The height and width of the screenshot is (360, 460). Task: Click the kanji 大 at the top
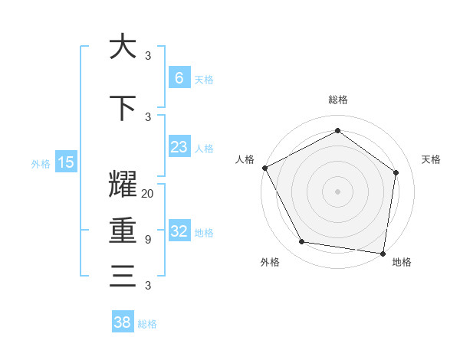(x=123, y=47)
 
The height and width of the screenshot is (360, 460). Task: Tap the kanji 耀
(x=123, y=185)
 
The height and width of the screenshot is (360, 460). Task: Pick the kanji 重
(x=123, y=231)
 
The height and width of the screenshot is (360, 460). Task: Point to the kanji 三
(x=123, y=276)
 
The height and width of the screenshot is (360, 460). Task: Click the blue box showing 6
(x=179, y=78)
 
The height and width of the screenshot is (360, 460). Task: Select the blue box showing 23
(x=179, y=147)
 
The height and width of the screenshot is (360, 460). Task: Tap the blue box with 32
(x=179, y=231)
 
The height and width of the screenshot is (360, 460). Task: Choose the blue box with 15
(x=66, y=162)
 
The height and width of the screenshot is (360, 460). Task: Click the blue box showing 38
(x=123, y=322)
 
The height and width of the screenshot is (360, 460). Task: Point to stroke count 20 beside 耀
(x=148, y=194)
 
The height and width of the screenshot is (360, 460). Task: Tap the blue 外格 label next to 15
(x=41, y=162)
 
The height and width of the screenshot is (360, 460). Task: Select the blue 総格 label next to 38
(x=147, y=324)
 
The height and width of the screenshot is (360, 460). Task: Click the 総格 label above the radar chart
(x=337, y=100)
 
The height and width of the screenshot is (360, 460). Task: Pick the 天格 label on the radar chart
(x=432, y=159)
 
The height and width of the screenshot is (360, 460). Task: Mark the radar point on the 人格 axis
(x=264, y=168)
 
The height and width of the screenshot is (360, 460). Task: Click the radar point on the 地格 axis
(x=383, y=253)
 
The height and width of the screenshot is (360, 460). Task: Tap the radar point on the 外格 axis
(x=301, y=242)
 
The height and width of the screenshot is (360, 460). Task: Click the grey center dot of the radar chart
(x=337, y=191)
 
